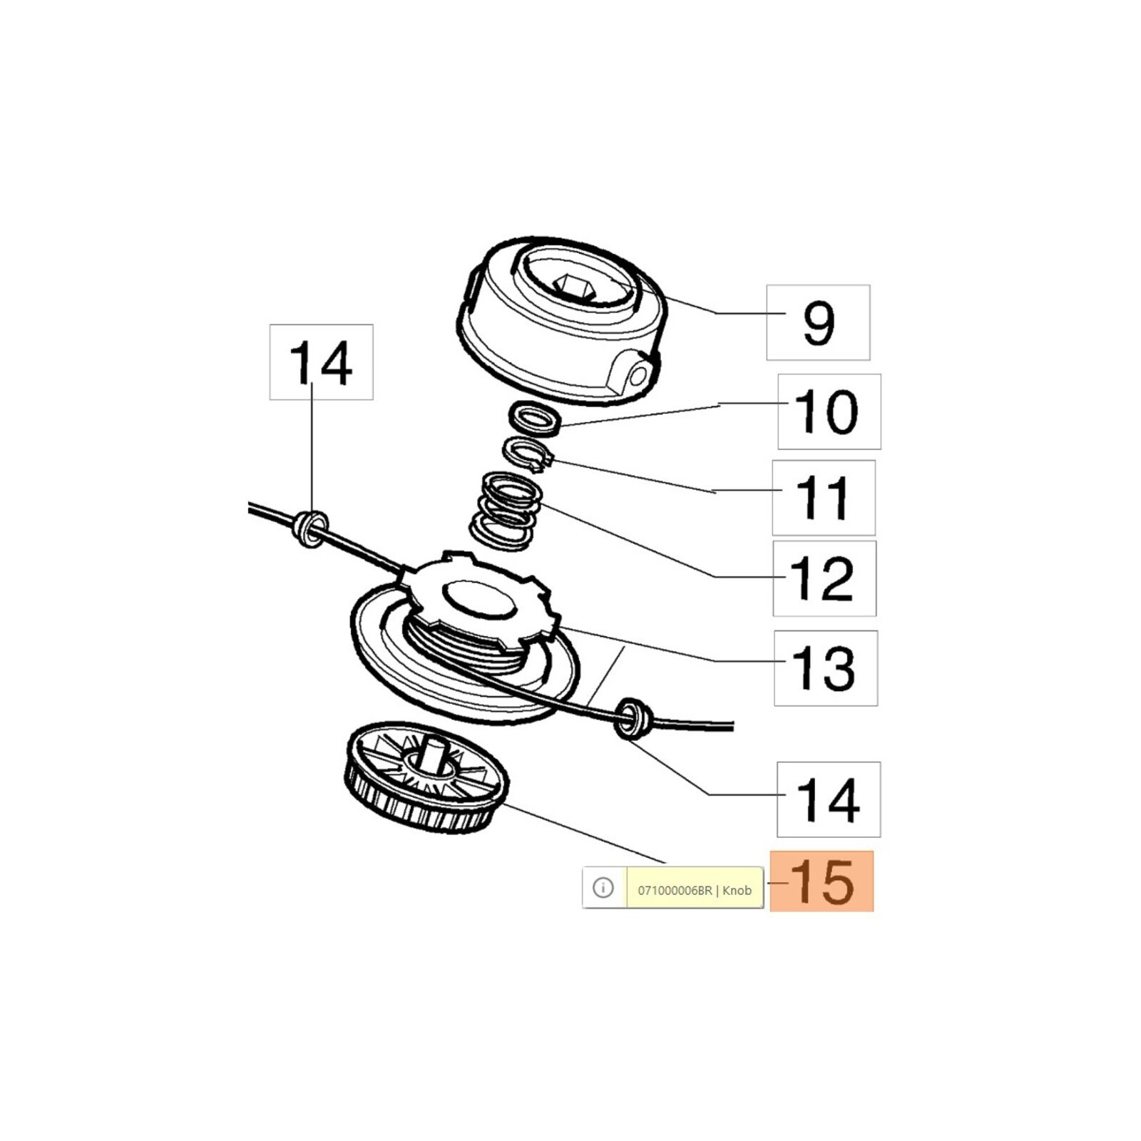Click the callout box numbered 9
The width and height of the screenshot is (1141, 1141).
click(x=818, y=322)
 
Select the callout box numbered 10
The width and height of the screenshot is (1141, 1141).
click(x=829, y=411)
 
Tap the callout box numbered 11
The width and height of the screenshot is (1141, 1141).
click(x=824, y=498)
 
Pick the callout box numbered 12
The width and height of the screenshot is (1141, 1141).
click(x=824, y=578)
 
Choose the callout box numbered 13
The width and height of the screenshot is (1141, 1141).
click(x=826, y=668)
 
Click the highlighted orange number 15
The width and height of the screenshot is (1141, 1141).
click(x=822, y=881)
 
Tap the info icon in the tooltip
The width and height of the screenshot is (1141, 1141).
click(x=603, y=888)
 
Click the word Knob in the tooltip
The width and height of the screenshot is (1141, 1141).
click(x=737, y=890)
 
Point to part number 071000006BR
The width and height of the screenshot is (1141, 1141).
click(x=675, y=890)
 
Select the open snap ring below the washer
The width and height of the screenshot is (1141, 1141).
click(x=528, y=454)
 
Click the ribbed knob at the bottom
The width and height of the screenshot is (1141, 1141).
click(x=426, y=777)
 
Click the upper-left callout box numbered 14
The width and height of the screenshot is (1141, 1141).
click(x=321, y=362)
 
